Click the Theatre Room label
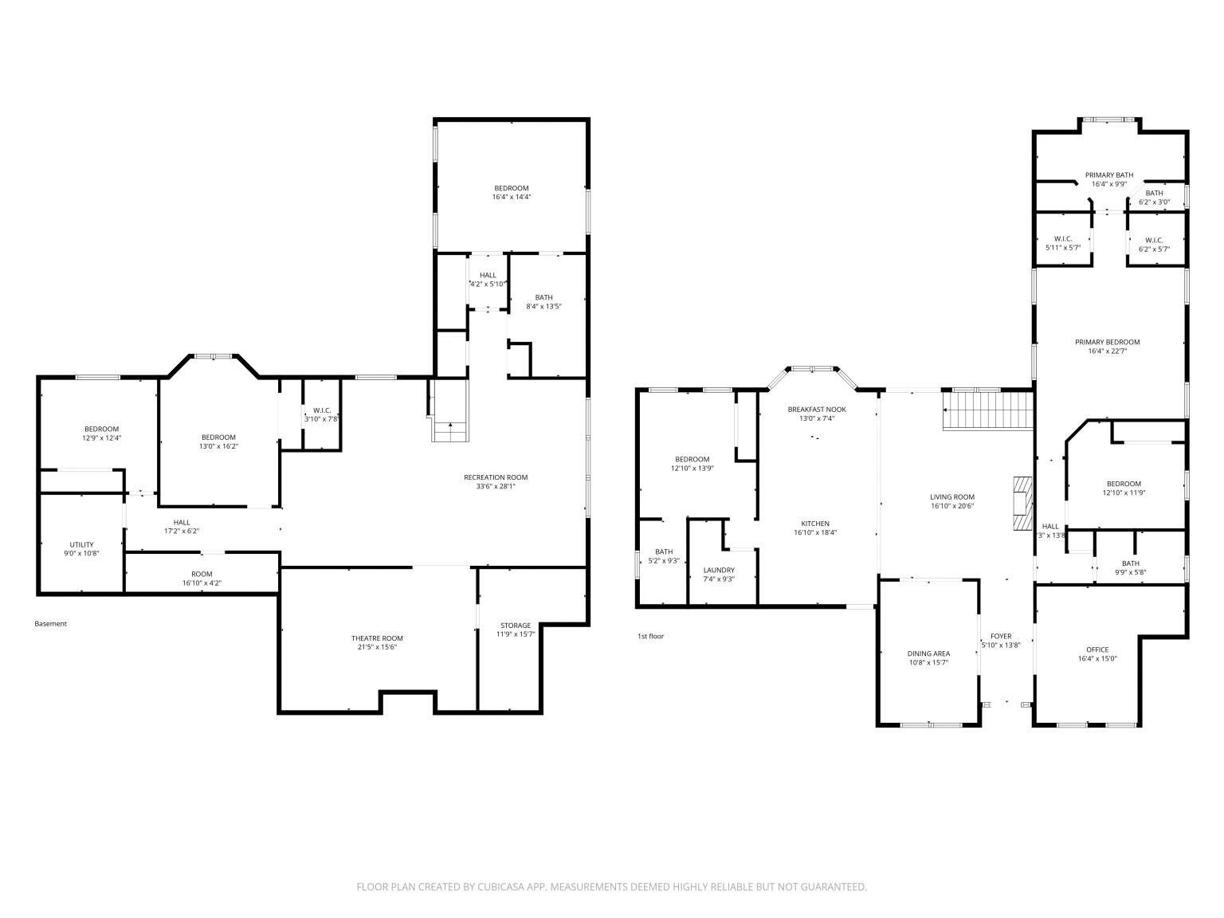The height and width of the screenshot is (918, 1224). [377, 637]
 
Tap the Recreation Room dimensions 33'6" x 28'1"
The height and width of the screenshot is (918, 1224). [496, 487]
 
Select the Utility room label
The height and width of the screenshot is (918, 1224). [82, 544]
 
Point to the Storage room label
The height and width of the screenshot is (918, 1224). [516, 625]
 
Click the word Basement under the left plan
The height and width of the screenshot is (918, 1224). [51, 624]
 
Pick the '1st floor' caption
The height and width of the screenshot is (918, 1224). [650, 636]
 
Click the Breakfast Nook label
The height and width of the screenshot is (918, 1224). [817, 409]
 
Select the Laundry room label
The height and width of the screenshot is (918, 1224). [719, 570]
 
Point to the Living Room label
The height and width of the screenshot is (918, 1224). [952, 496]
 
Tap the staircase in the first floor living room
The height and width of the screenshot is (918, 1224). [988, 410]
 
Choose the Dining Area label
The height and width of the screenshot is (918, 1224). [928, 653]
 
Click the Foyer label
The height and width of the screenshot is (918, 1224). [1001, 636]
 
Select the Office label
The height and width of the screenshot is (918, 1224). [1097, 649]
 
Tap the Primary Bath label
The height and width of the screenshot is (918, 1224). [1108, 175]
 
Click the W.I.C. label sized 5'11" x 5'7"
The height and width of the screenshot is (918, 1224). [1063, 238]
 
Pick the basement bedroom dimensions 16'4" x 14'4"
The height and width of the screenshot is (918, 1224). [512, 197]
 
